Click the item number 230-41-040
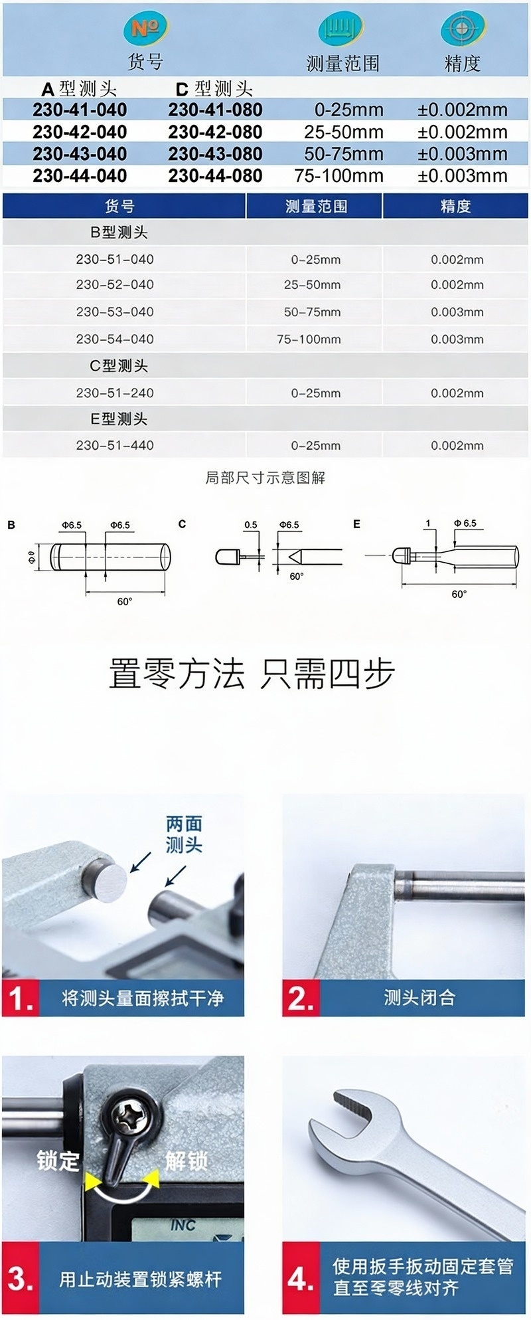(x=80, y=110)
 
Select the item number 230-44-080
(x=215, y=176)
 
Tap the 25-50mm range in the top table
(x=344, y=132)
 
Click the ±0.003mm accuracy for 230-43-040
(x=463, y=154)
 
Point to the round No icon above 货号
(x=145, y=29)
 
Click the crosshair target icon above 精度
(x=462, y=29)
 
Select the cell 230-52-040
(x=115, y=285)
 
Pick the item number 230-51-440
(x=115, y=446)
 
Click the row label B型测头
(x=119, y=233)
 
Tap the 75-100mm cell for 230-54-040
(x=309, y=339)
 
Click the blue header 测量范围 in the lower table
(x=316, y=207)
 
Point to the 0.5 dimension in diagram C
(x=251, y=525)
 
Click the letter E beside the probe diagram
(x=357, y=524)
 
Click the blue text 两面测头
(x=184, y=834)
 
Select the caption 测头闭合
(x=419, y=998)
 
